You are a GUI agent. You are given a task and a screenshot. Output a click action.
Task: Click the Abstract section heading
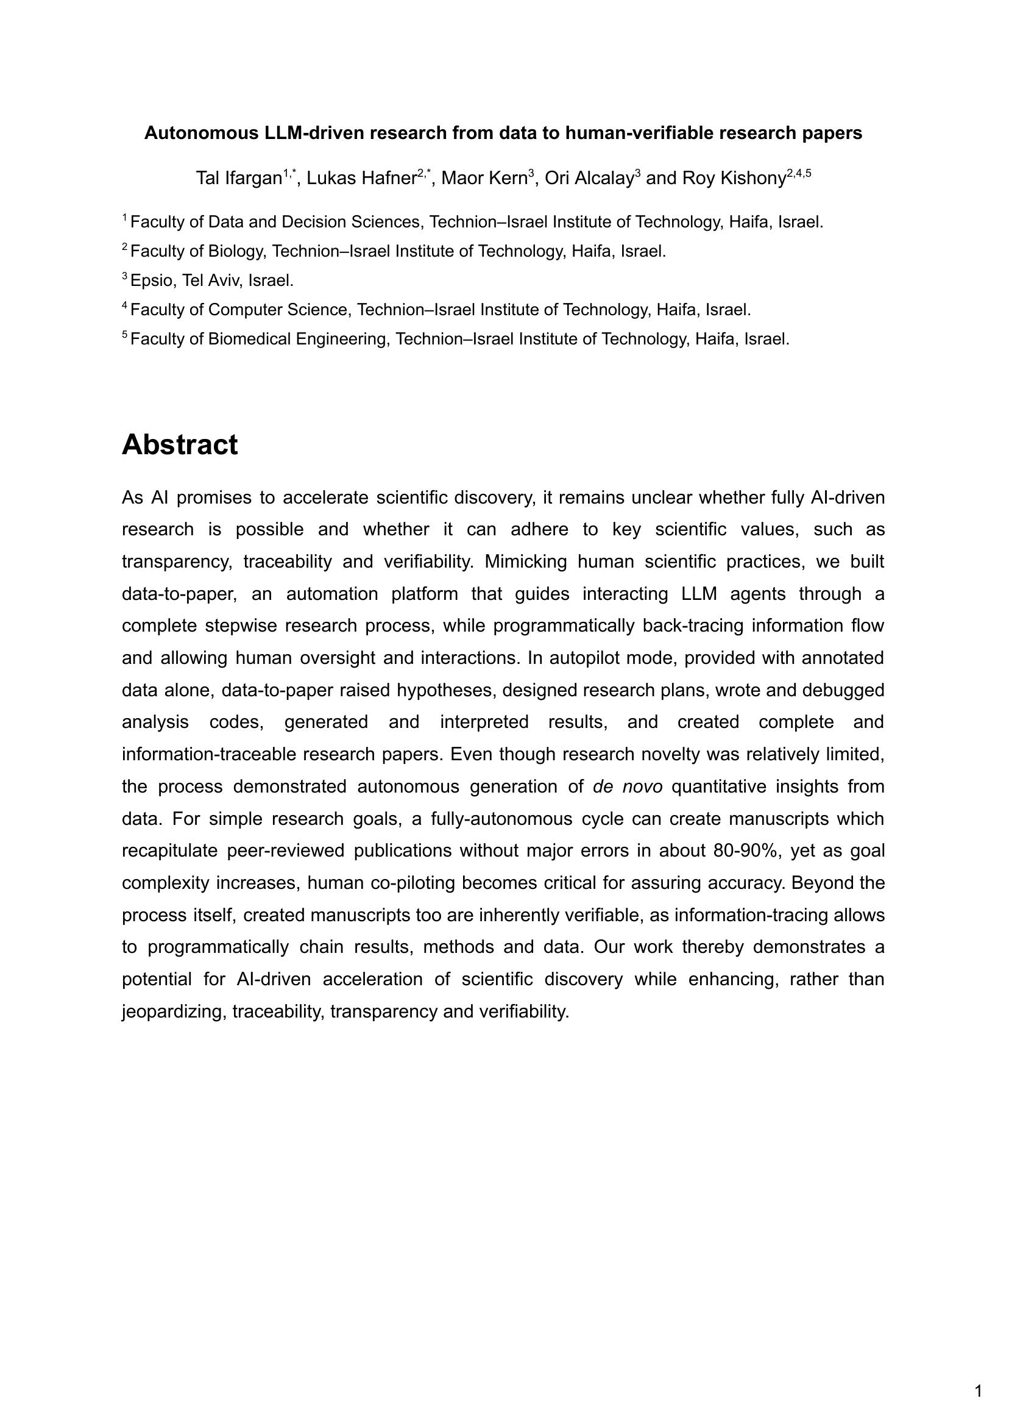click(x=180, y=445)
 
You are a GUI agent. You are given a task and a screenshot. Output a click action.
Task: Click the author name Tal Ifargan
click(x=239, y=179)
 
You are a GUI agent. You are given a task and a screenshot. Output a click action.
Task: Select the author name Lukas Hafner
click(x=360, y=179)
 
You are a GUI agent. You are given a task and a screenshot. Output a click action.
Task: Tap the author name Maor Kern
click(x=484, y=179)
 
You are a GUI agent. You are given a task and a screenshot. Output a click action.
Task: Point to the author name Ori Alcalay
click(x=589, y=179)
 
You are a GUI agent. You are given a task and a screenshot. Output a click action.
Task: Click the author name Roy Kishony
click(x=734, y=179)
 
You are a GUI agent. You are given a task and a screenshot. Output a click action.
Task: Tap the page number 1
click(x=979, y=1391)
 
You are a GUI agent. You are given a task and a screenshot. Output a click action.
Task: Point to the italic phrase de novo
click(x=628, y=786)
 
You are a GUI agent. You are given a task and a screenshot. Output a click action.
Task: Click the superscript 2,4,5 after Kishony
click(x=799, y=173)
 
